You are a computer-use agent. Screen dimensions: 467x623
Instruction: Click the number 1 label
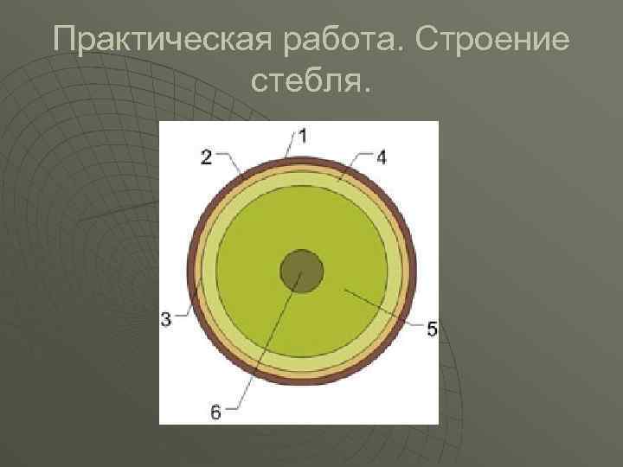(x=304, y=134)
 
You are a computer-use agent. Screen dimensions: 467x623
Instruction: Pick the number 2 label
(x=206, y=156)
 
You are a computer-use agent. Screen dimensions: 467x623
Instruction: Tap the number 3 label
(x=166, y=319)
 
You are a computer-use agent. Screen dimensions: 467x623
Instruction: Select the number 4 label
(x=382, y=156)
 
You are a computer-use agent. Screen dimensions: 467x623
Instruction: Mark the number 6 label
(x=215, y=413)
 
